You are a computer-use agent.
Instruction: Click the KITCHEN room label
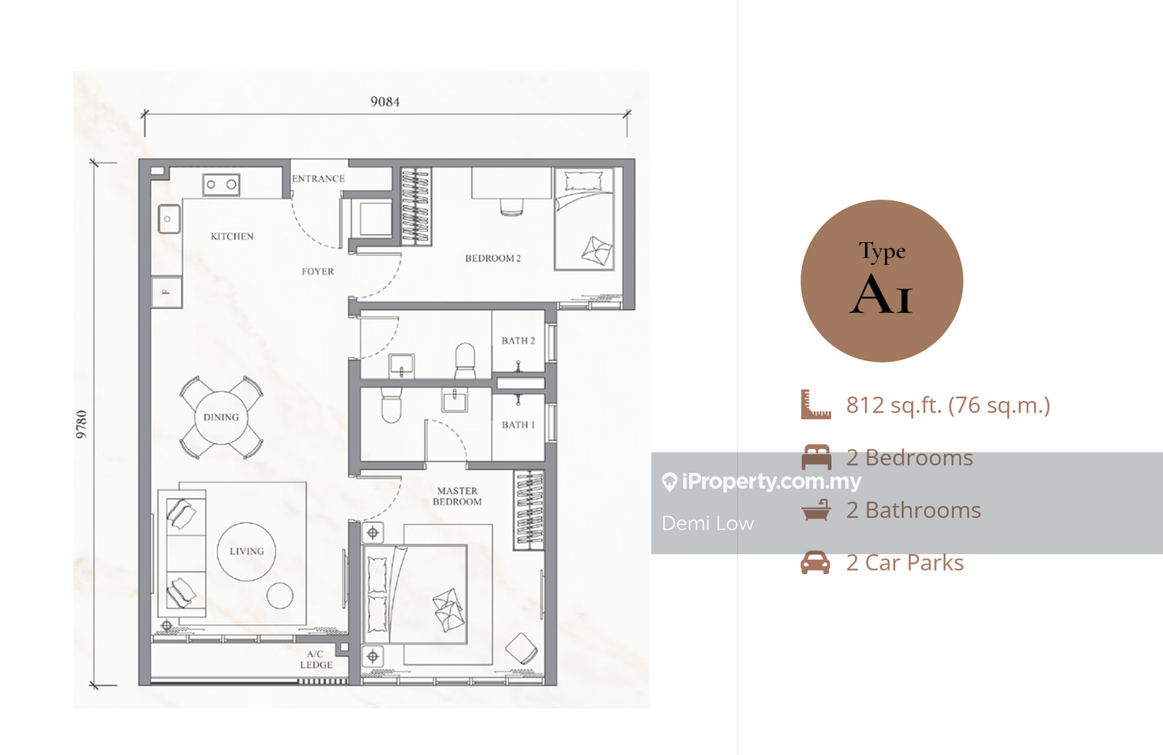pos(232,237)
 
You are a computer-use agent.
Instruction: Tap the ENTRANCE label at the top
pos(318,178)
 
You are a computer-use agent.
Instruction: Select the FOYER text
pos(317,271)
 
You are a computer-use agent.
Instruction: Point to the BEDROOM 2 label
pos(493,258)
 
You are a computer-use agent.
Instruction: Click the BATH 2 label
pos(519,341)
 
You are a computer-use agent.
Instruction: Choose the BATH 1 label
pos(519,425)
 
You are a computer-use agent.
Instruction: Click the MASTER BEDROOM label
pos(457,496)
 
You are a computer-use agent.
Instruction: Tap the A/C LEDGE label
pos(316,660)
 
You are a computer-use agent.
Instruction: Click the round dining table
pos(221,417)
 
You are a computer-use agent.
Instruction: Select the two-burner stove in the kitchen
pos(221,184)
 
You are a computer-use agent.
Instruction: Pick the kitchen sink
pos(169,219)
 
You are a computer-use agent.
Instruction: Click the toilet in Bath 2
pos(464,360)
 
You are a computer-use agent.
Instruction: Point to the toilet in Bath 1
pos(391,405)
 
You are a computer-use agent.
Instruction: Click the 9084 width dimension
pos(385,102)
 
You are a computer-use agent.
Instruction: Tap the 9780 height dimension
pos(82,424)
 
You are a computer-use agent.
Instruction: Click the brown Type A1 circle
pos(882,281)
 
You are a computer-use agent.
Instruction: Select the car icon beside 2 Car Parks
pos(815,562)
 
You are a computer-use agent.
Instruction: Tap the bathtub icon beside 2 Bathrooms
pos(817,510)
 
